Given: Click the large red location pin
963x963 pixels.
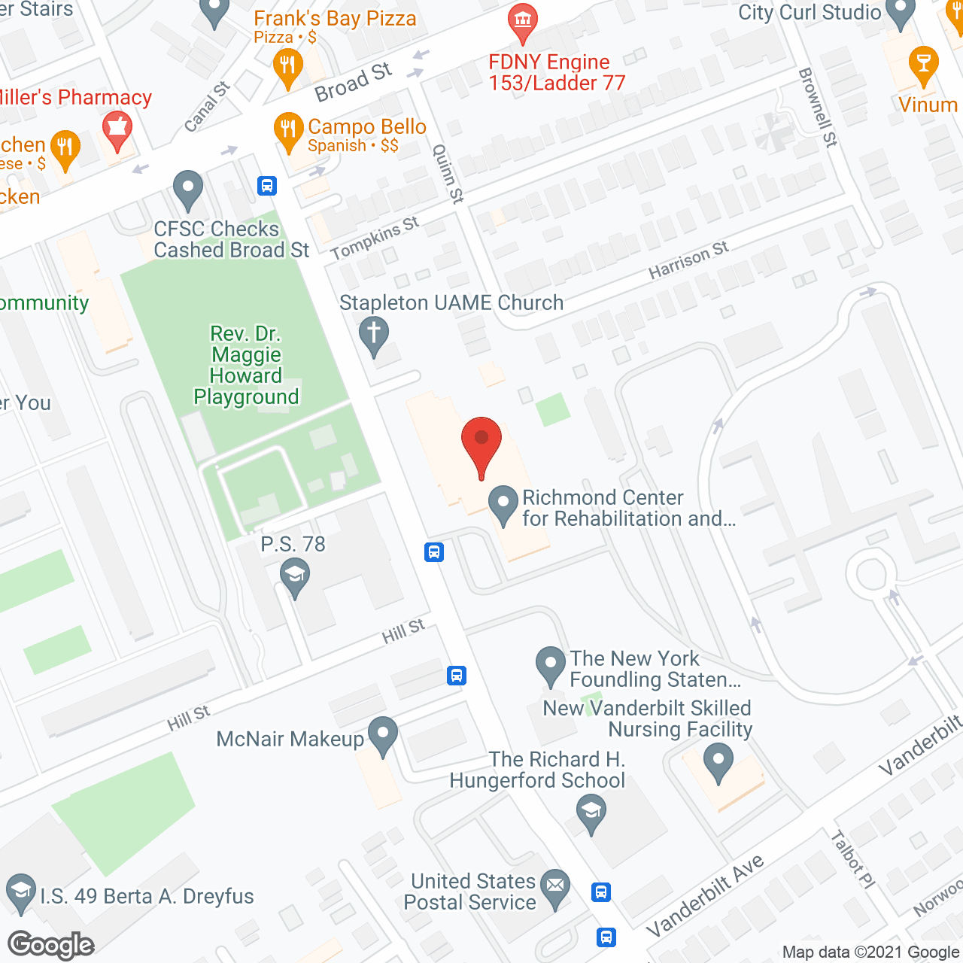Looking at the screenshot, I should point(481,443).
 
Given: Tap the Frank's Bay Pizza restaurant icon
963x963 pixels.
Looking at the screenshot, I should point(287,66).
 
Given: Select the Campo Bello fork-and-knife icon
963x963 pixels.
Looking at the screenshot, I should point(288,130).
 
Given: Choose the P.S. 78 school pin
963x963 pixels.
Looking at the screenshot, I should point(295,577).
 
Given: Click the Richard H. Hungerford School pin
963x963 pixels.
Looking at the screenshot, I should point(591,813).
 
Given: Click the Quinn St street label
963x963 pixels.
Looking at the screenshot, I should point(448,174).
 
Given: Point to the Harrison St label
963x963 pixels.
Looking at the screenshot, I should point(688,260).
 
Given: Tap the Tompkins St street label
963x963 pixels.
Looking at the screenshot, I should point(374,238).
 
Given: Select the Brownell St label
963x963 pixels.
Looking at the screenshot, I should point(818,107).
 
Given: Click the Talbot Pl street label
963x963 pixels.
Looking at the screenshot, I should point(853,859).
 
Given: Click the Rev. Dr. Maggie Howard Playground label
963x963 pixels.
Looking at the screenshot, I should point(246,365).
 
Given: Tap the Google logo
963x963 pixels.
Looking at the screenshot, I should point(51,945).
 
